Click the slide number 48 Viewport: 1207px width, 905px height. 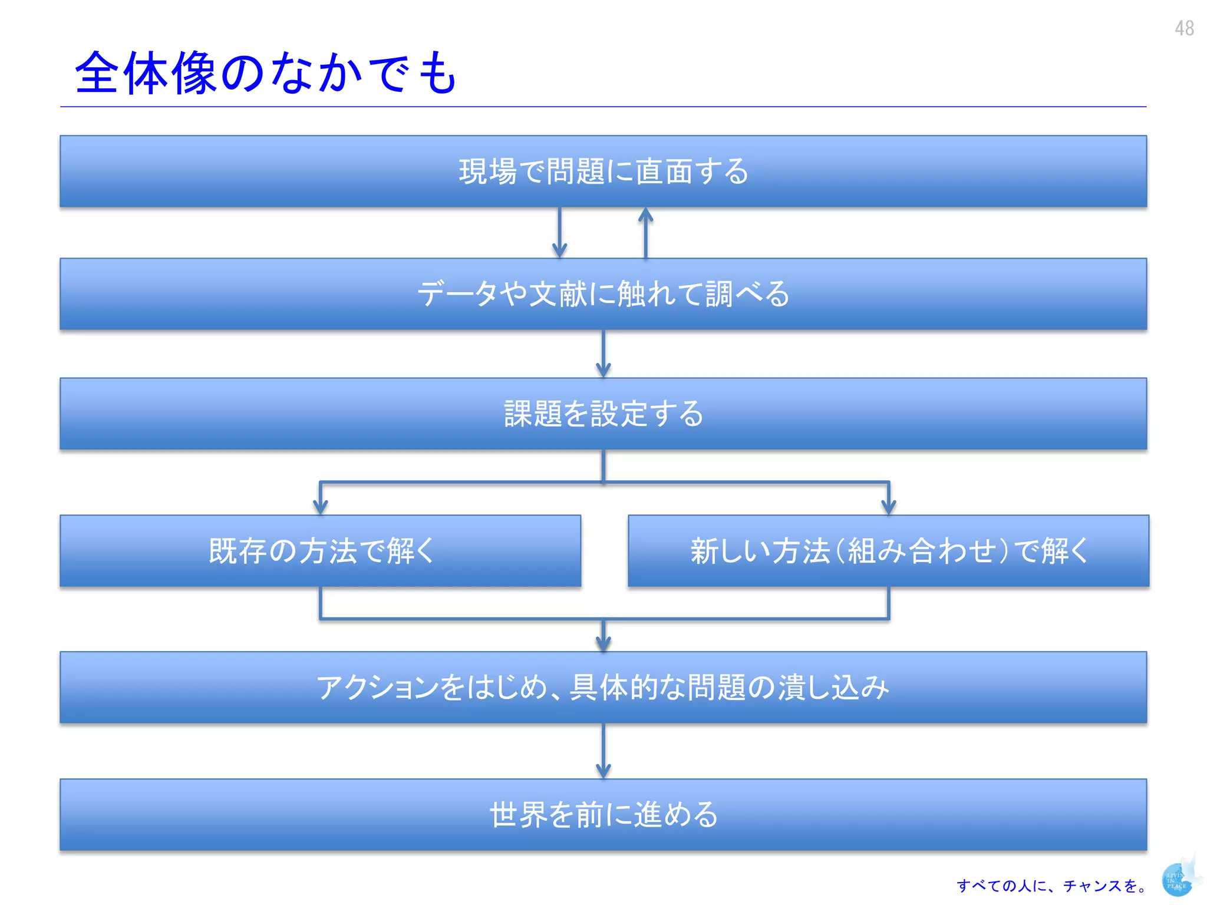pyautogui.click(x=1183, y=28)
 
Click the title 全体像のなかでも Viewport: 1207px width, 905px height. pyautogui.click(x=265, y=73)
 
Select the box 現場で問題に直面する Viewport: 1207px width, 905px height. pyautogui.click(x=603, y=171)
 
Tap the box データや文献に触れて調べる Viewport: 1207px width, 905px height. pyautogui.click(x=603, y=294)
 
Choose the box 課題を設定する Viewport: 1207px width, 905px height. pyautogui.click(x=603, y=414)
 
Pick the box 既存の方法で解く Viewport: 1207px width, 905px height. pyautogui.click(x=320, y=551)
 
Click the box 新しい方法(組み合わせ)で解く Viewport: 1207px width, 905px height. pyautogui.click(x=888, y=551)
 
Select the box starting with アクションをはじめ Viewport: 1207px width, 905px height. pyautogui.click(x=603, y=688)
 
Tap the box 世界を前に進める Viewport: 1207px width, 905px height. pyautogui.click(x=603, y=815)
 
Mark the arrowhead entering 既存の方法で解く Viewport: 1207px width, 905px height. pyautogui.click(x=320, y=506)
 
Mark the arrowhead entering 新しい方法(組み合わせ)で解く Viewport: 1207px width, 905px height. pyautogui.click(x=888, y=506)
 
